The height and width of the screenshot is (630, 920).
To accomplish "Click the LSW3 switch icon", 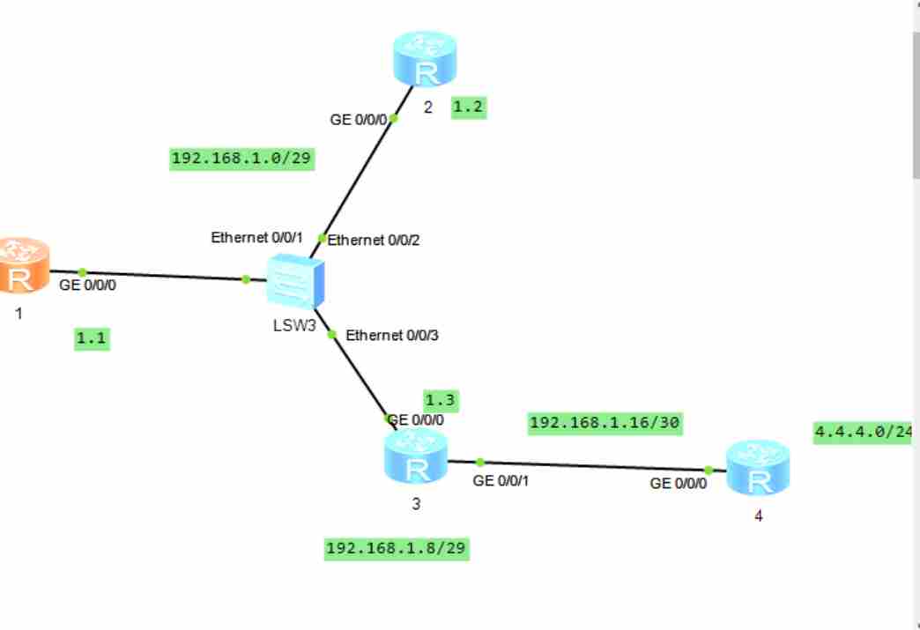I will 295,280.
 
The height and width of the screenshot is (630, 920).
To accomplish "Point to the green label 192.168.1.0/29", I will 242,159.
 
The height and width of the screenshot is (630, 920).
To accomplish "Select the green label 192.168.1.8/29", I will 397,549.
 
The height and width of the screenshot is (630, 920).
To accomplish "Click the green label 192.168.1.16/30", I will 605,423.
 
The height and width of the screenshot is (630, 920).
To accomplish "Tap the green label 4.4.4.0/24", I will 864,432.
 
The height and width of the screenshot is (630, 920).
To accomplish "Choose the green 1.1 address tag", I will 92,339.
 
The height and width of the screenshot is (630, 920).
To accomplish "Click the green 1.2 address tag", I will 469,107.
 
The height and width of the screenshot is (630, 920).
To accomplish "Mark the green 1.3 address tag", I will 441,400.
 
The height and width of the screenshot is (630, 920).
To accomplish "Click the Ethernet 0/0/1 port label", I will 257,238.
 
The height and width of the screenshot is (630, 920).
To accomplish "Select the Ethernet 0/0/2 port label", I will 374,240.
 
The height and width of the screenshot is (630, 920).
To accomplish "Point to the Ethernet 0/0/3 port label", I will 392,336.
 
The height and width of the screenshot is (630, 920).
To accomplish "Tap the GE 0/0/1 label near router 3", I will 502,481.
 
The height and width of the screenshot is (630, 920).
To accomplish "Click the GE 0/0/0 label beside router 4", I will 679,484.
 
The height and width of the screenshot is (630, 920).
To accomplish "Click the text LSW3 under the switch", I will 294,324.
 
